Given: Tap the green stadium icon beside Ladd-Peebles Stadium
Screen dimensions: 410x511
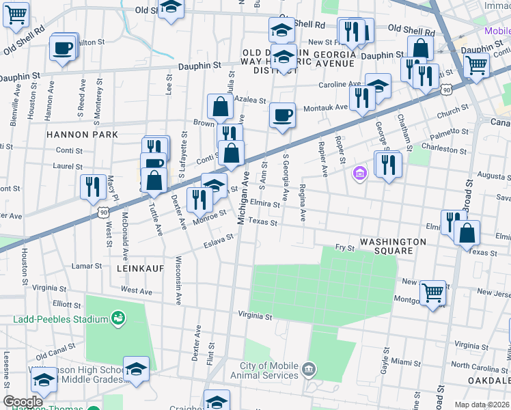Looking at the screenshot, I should [118, 318].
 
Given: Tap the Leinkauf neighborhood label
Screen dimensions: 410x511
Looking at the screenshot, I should [140, 269].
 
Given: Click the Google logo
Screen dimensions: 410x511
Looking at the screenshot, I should [23, 402].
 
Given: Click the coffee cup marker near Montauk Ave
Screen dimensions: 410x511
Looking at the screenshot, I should [281, 115].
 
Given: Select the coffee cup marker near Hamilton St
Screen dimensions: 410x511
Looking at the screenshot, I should [62, 49].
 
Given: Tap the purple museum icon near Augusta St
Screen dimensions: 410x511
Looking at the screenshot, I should [359, 174].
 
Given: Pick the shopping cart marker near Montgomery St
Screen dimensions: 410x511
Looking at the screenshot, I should [432, 293].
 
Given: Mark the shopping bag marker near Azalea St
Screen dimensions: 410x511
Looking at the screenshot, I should [220, 107].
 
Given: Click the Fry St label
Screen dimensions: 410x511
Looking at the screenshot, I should [344, 248].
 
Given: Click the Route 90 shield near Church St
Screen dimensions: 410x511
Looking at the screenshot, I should [446, 90].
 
